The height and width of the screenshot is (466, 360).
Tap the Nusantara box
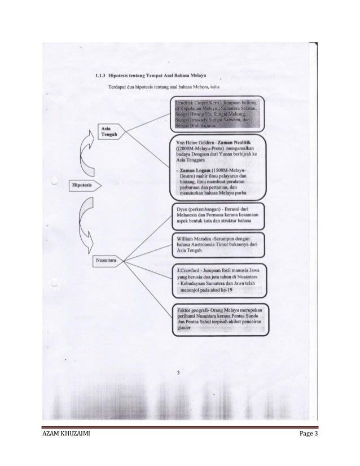(106, 261)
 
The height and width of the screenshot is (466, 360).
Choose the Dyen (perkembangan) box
(217, 216)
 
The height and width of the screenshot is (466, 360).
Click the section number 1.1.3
(99, 75)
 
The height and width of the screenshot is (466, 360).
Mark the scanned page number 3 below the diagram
(178, 372)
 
